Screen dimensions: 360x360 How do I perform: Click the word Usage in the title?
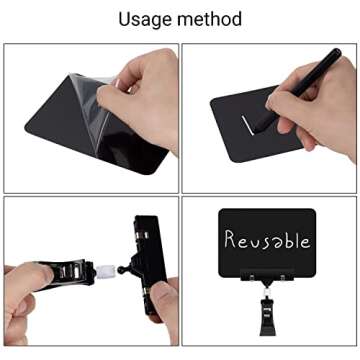point(146,18)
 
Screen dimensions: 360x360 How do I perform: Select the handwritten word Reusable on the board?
point(267,239)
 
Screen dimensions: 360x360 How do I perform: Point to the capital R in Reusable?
point(231,239)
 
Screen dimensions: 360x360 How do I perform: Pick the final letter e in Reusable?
point(307,241)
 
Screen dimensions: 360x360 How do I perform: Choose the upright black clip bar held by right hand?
point(144,265)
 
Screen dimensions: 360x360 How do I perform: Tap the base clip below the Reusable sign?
point(268,305)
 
